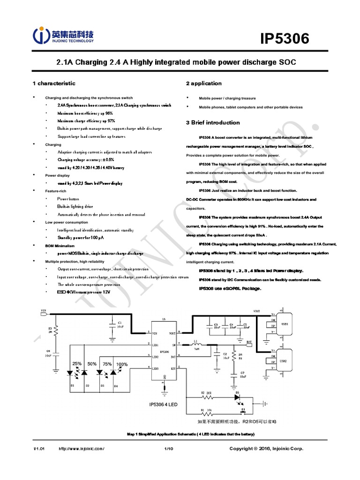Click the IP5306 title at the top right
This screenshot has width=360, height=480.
pyautogui.click(x=285, y=39)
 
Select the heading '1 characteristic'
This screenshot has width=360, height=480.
pyautogui.click(x=53, y=83)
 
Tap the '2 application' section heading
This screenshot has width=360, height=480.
pyautogui.click(x=204, y=83)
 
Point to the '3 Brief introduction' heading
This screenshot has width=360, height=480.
pyautogui.click(x=213, y=123)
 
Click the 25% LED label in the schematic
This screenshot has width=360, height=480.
pyautogui.click(x=77, y=364)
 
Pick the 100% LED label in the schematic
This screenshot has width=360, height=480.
pyautogui.click(x=122, y=364)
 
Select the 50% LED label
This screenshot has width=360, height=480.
pyautogui.click(x=92, y=364)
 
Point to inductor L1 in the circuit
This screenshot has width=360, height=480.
pyautogui.click(x=197, y=344)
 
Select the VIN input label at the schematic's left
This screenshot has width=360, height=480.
pyautogui.click(x=44, y=310)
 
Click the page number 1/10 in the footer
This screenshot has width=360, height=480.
pyautogui.click(x=169, y=449)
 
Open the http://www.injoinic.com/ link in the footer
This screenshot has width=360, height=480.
pyautogui.click(x=81, y=449)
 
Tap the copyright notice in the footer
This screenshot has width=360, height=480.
pyautogui.click(x=266, y=449)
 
